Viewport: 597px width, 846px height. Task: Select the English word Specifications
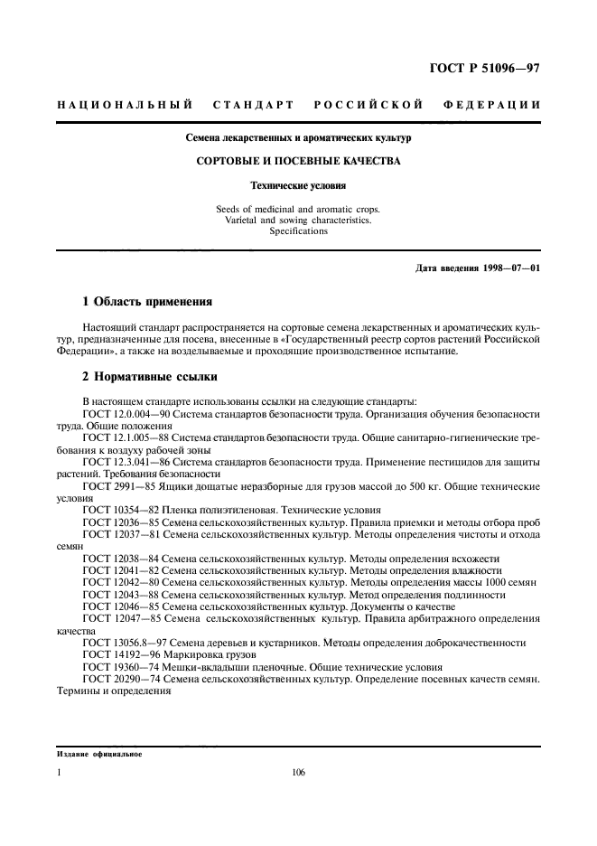(298, 230)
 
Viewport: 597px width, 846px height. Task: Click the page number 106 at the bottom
(298, 773)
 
